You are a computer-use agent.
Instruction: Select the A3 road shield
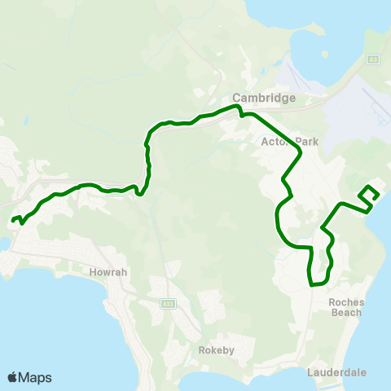(x=373, y=59)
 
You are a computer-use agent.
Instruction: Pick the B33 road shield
(x=168, y=304)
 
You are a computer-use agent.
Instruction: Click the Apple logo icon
(x=12, y=377)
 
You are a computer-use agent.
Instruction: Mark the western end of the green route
(x=13, y=218)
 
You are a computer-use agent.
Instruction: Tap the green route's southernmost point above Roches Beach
(x=312, y=284)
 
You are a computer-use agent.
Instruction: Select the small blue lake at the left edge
(x=4, y=244)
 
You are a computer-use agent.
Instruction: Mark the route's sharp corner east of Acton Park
(x=301, y=152)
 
